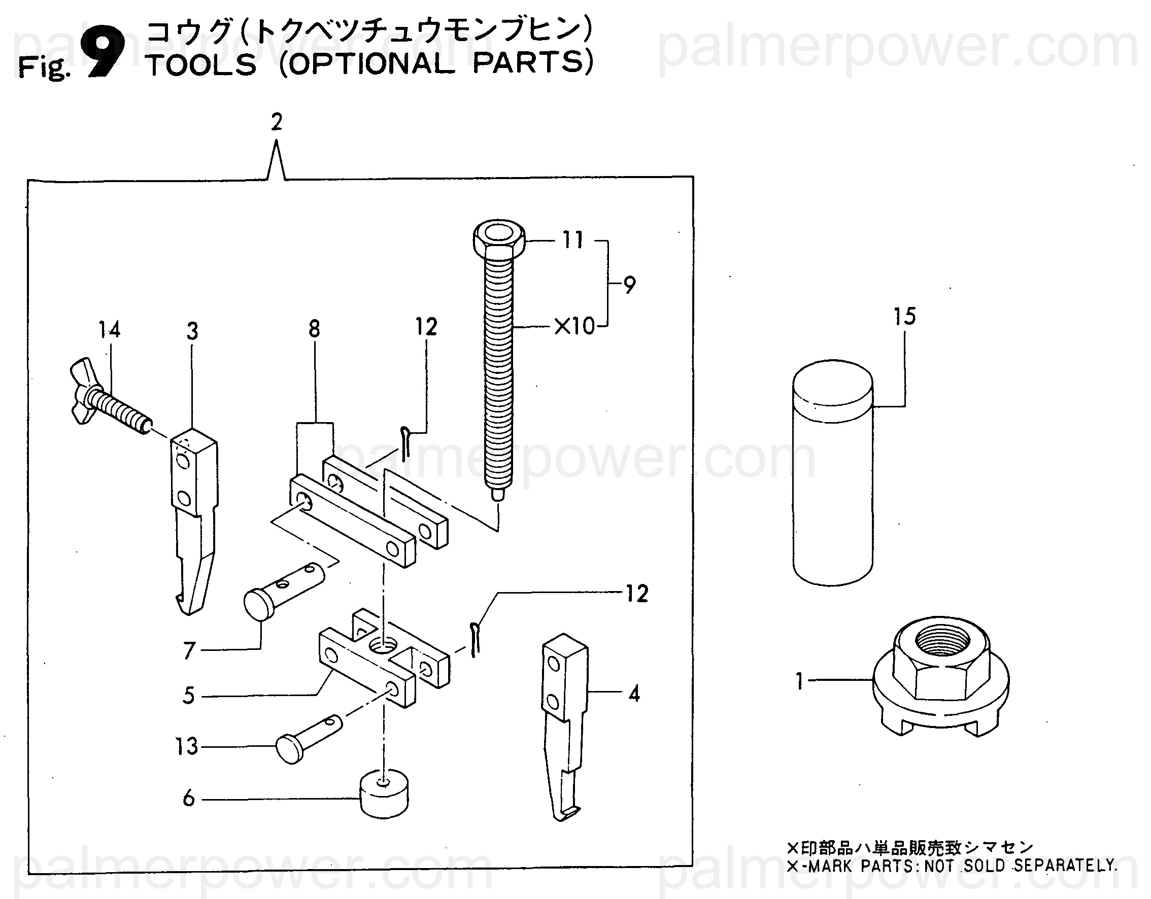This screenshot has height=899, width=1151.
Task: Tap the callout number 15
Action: click(904, 317)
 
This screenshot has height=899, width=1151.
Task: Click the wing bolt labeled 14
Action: click(108, 398)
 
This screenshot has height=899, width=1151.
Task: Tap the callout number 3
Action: click(192, 331)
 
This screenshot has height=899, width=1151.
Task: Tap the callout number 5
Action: click(189, 696)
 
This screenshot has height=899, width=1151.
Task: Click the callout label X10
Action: click(574, 327)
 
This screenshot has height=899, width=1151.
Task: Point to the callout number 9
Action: click(629, 285)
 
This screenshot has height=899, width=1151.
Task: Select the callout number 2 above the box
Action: click(277, 122)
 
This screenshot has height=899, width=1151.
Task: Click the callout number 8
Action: click(314, 329)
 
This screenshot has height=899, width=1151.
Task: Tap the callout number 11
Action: click(573, 240)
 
